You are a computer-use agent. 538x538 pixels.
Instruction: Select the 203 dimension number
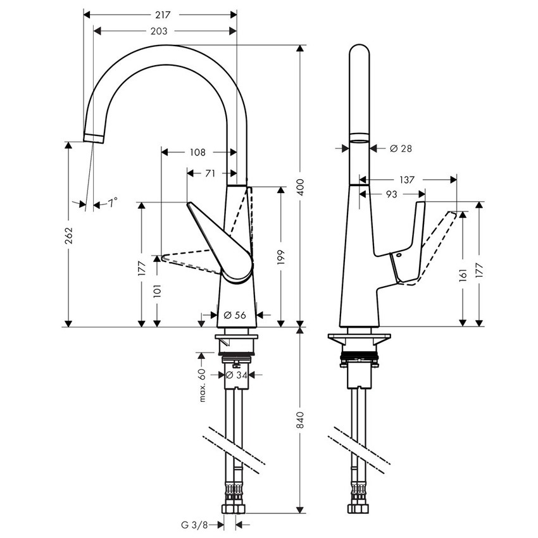click(159, 31)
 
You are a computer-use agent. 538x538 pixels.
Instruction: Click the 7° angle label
click(113, 203)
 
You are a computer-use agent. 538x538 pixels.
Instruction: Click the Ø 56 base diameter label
click(235, 315)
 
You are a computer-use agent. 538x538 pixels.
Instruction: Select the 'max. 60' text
click(203, 385)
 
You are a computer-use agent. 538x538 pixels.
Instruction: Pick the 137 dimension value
click(407, 180)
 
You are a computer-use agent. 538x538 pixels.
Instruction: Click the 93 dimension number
click(391, 195)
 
